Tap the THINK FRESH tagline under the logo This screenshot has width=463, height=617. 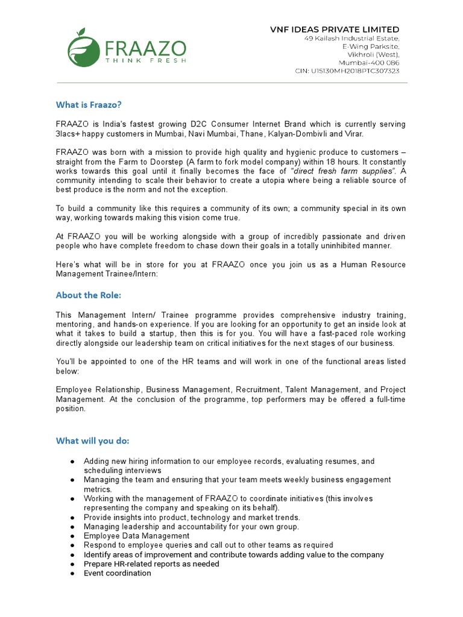[x=145, y=60]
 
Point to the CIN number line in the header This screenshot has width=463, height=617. [x=347, y=70]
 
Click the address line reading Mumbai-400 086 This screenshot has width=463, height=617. [x=368, y=63]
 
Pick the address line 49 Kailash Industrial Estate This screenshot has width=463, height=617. [x=351, y=39]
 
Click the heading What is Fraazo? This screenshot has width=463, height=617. [x=89, y=105]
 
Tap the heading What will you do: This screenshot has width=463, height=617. [x=92, y=440]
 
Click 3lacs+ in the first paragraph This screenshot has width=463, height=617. [x=71, y=133]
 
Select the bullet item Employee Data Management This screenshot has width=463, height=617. [x=136, y=536]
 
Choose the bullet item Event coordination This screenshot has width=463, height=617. [x=118, y=573]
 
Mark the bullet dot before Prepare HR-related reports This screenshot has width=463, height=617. [x=72, y=564]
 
